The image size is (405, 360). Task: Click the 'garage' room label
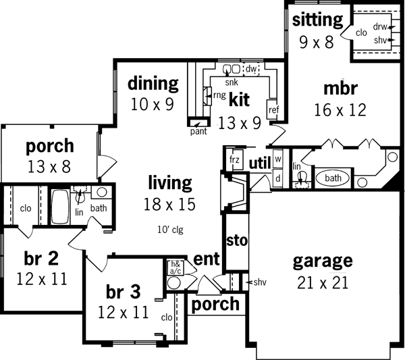point(322,261)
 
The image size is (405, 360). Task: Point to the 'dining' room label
point(153,84)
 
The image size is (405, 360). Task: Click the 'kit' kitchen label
point(239,100)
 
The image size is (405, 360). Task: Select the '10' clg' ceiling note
point(171,229)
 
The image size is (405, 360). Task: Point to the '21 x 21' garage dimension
point(322,282)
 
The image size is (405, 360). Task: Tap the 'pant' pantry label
point(198,131)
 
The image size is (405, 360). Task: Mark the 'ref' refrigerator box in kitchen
point(273,110)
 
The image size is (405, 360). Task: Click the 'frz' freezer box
point(235,160)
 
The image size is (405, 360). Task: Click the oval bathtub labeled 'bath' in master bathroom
point(333,178)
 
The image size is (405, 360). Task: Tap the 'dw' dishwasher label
point(250,68)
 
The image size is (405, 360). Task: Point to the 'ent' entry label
point(205,259)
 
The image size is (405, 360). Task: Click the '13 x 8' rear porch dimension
point(49,165)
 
